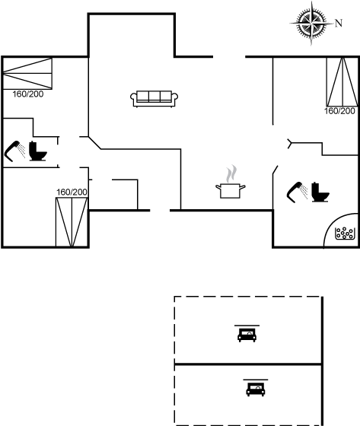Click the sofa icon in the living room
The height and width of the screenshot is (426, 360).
point(155,99)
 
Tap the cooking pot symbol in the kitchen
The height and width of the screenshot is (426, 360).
point(231,191)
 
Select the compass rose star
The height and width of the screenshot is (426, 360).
point(311,24)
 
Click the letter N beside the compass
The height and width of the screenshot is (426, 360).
point(339,24)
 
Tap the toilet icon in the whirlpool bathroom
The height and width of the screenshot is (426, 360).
point(320,192)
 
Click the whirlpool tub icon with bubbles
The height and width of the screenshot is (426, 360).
point(346,234)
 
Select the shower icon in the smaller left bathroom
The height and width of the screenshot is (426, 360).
point(15,151)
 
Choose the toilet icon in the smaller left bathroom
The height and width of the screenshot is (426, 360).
point(38,151)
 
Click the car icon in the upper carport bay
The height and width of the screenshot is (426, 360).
point(247,335)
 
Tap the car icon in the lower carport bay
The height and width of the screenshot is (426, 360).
point(256,389)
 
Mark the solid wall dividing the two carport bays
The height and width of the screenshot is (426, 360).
point(248,364)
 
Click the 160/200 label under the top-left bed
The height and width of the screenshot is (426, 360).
point(28,94)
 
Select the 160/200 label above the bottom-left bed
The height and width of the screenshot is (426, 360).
point(72,192)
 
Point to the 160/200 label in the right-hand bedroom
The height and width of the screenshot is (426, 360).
point(340,111)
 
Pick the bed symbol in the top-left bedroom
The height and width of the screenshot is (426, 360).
point(27,73)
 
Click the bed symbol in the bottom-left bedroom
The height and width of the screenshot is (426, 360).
point(72,222)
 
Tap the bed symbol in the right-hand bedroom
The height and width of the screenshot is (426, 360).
point(342,82)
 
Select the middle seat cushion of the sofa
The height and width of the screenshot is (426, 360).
point(155,96)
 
